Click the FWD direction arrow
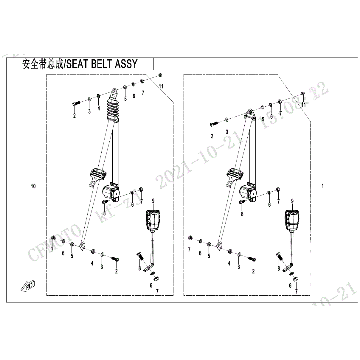28,286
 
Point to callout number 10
33,186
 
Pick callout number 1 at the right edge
322,186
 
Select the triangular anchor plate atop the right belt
249,114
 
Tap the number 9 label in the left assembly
153,201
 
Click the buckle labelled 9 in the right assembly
292,221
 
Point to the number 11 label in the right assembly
304,104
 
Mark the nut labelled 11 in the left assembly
160,75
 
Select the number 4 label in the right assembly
229,263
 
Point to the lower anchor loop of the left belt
82,246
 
